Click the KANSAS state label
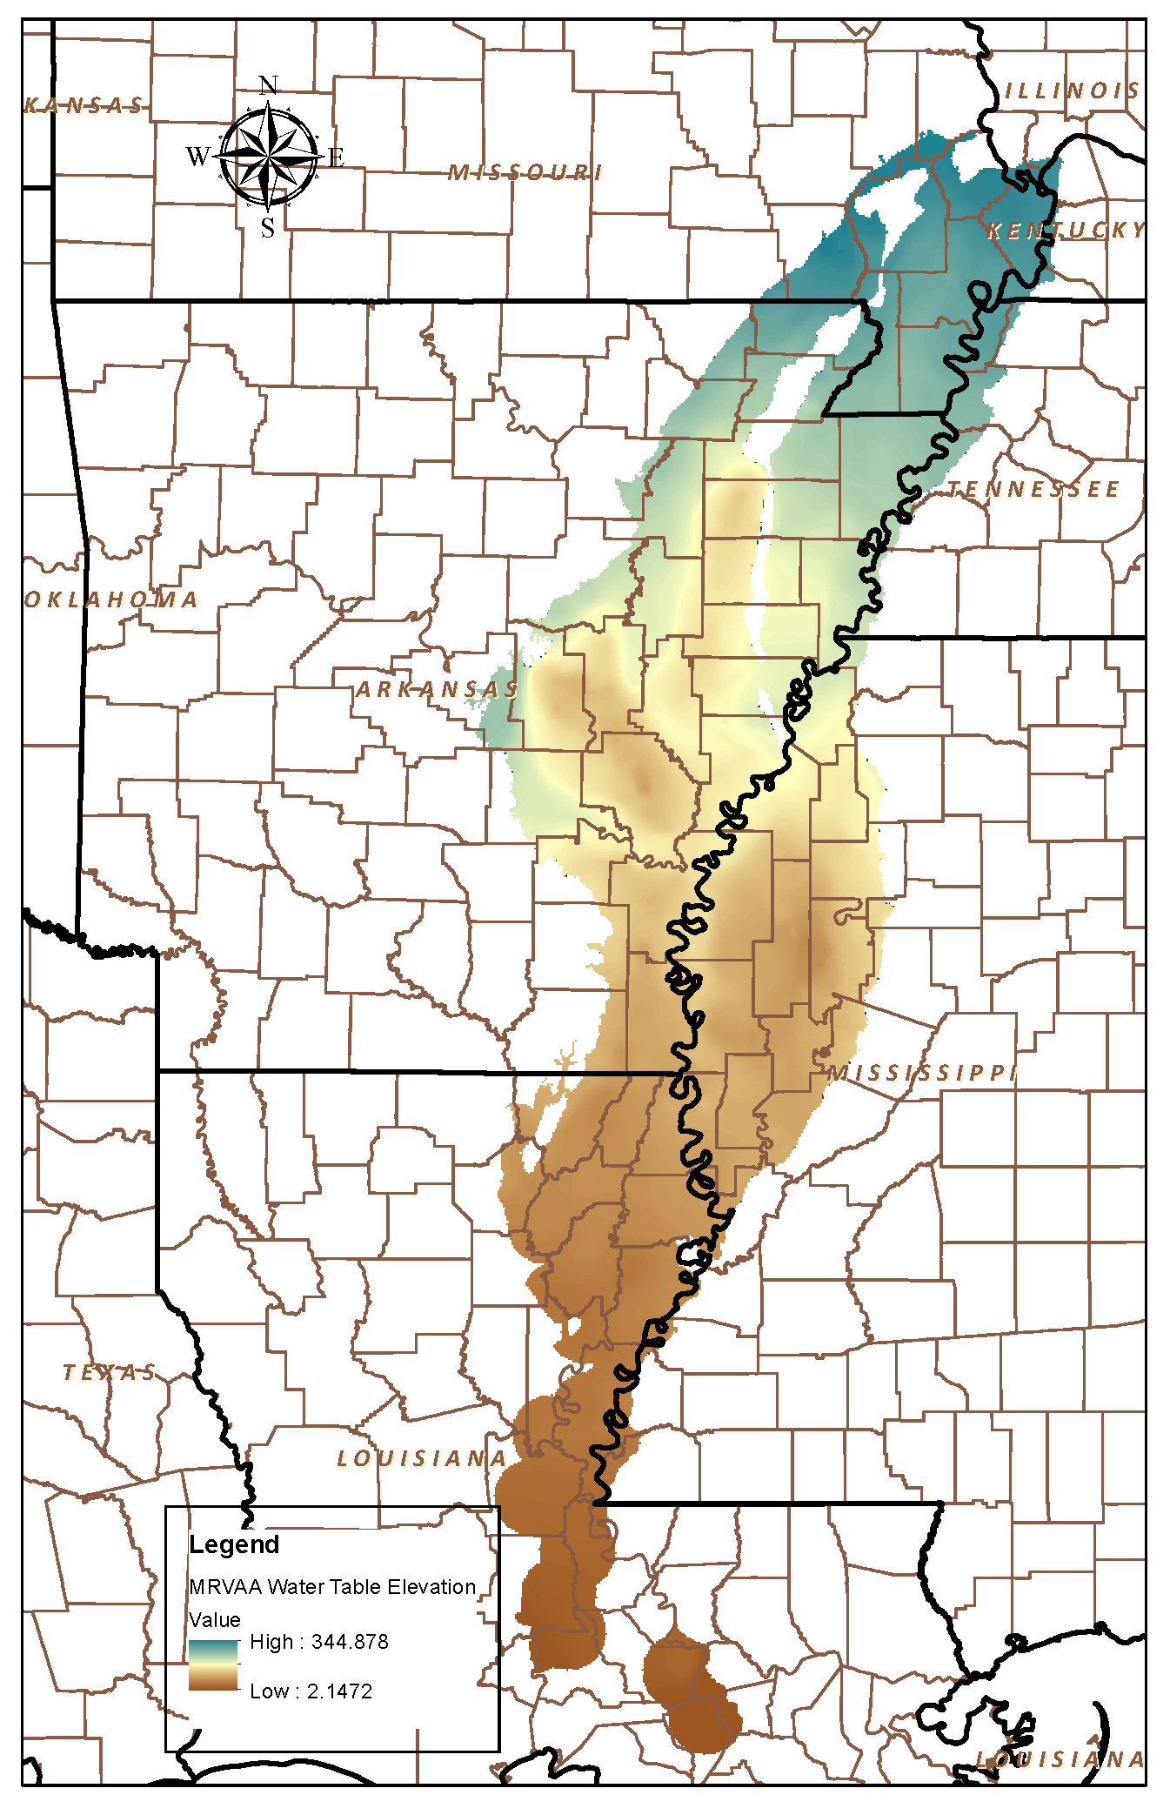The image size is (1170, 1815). click(x=84, y=106)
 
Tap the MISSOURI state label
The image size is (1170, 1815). click(x=525, y=172)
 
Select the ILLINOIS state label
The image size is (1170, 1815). click(x=1072, y=90)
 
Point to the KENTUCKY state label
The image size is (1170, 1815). click(x=1066, y=231)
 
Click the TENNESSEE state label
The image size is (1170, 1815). click(x=1033, y=490)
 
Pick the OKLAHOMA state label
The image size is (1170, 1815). click(x=111, y=599)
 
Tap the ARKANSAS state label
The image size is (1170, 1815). click(x=438, y=690)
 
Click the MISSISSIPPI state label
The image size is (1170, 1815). click(x=921, y=1073)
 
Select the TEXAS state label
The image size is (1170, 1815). click(x=110, y=1373)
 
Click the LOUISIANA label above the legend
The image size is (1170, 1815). click(x=422, y=1459)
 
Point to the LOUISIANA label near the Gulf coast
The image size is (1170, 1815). click(x=1060, y=1759)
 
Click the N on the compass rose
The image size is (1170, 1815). click(x=269, y=85)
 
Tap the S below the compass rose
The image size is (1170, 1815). click(x=268, y=228)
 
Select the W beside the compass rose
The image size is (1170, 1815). click(x=198, y=157)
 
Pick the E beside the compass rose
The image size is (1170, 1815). click(x=336, y=157)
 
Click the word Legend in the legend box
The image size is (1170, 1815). click(x=234, y=1545)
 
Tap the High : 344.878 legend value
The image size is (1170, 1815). click(x=318, y=1642)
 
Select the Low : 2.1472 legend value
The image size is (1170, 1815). click(x=311, y=1691)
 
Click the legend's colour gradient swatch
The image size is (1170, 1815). click(x=213, y=1665)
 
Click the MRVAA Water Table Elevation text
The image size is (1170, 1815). click(x=332, y=1587)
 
